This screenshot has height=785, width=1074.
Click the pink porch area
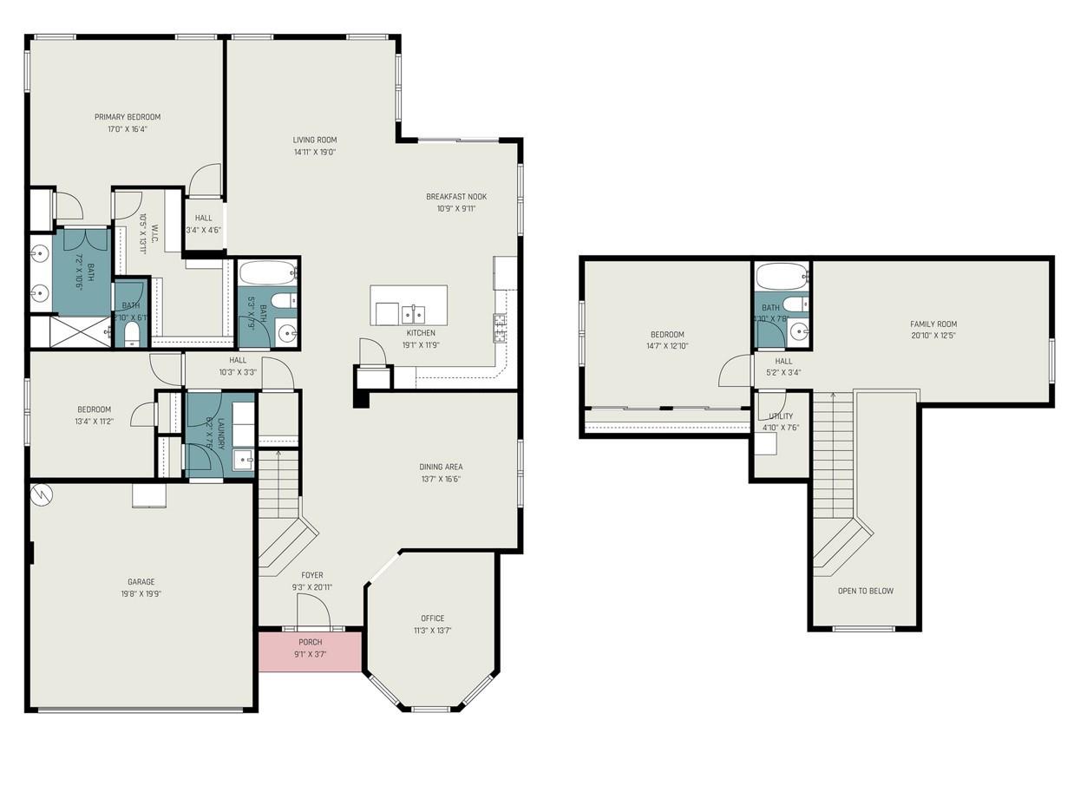pyautogui.click(x=310, y=651)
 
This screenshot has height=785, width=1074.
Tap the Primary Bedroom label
pyautogui.click(x=128, y=117)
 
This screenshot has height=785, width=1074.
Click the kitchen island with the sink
pyautogui.click(x=409, y=305)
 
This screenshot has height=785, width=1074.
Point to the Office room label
pyautogui.click(x=432, y=618)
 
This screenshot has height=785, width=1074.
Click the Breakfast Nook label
pyautogui.click(x=456, y=196)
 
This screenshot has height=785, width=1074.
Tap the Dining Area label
pyautogui.click(x=441, y=467)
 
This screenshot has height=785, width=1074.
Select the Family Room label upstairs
pyautogui.click(x=933, y=324)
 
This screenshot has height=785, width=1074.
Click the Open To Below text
pyautogui.click(x=865, y=591)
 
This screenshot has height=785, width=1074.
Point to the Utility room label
pyautogui.click(x=781, y=416)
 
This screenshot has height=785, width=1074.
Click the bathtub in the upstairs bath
pyautogui.click(x=782, y=277)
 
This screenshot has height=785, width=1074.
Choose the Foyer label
pyautogui.click(x=312, y=575)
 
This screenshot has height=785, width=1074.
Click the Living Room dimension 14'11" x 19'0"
pyautogui.click(x=314, y=152)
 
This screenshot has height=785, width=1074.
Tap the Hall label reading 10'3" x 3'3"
pyautogui.click(x=238, y=360)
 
